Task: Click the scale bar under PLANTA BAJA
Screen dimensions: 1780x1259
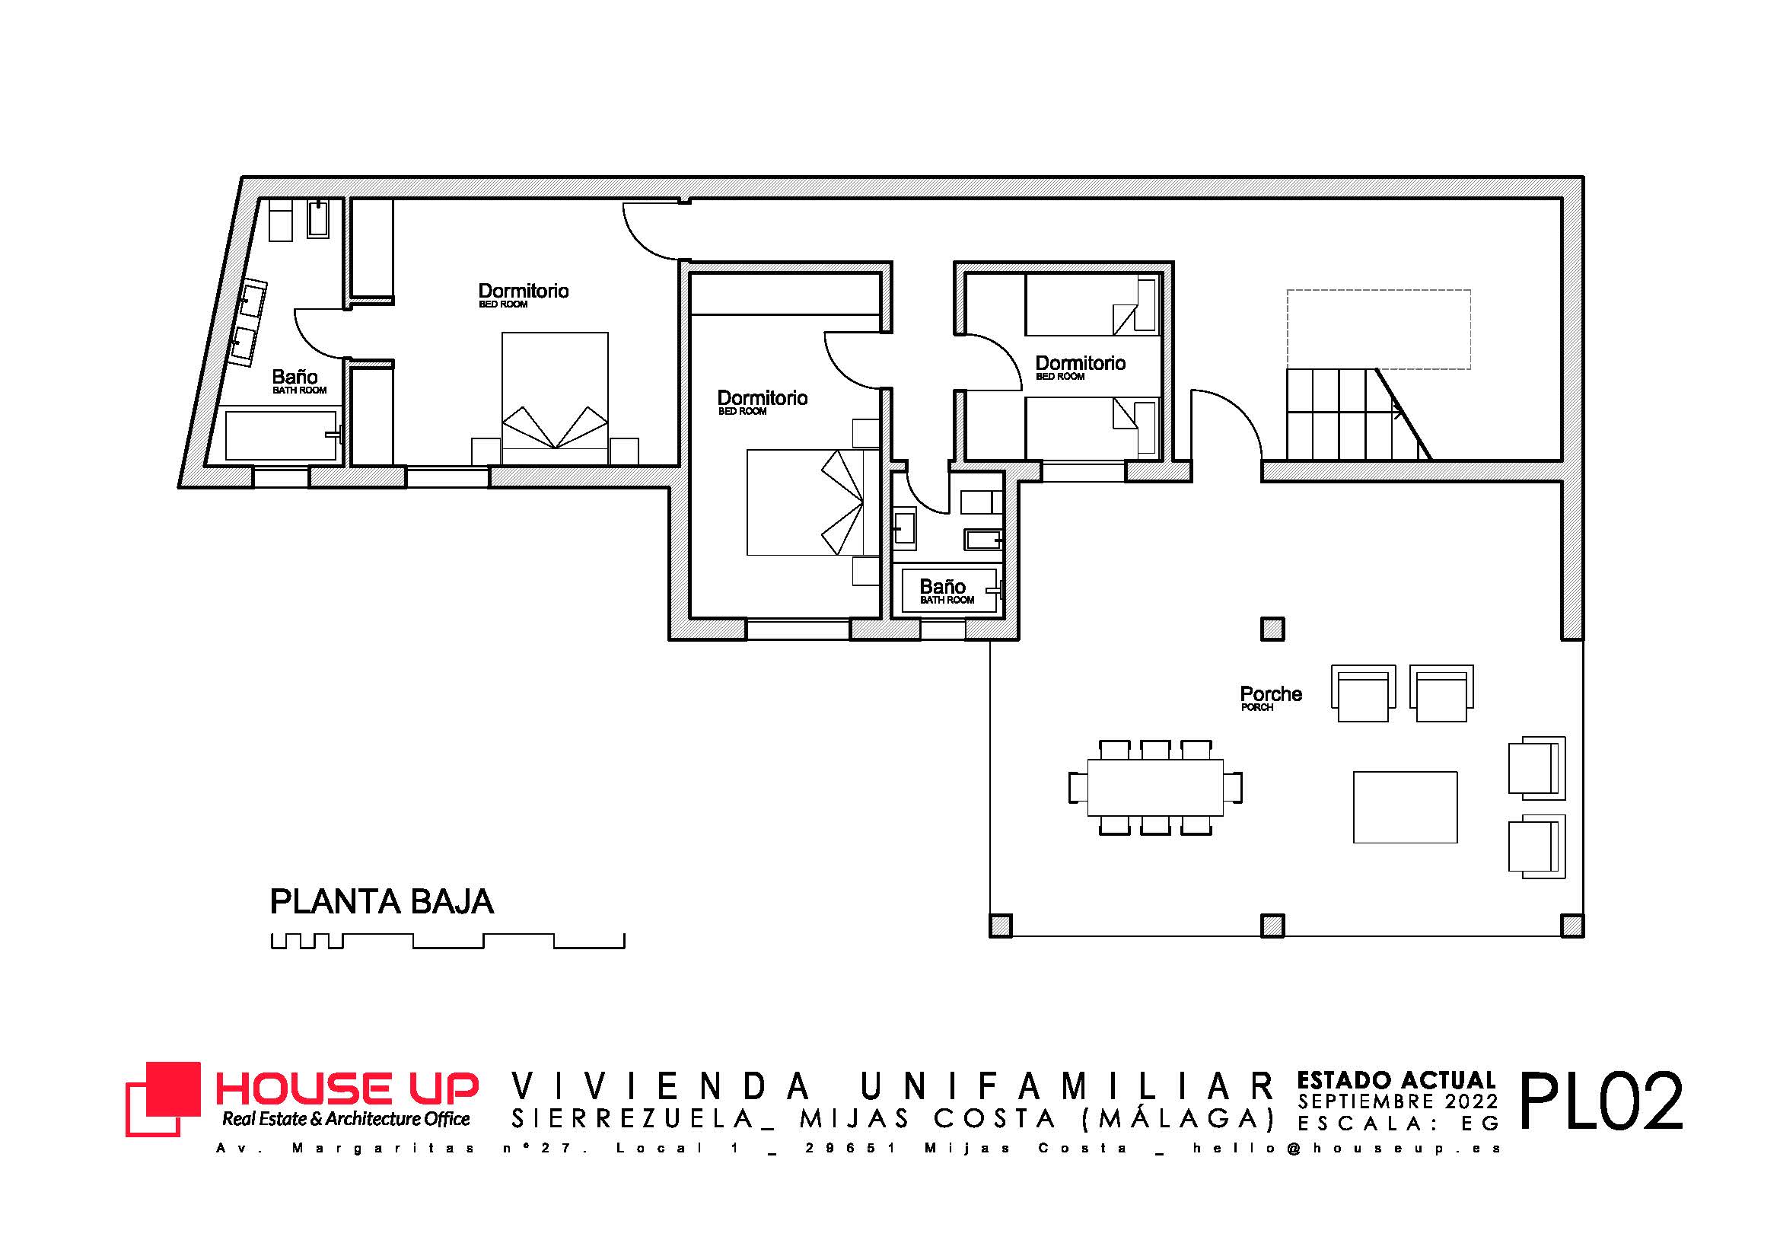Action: pos(447,941)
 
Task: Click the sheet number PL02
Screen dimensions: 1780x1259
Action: pos(1600,1101)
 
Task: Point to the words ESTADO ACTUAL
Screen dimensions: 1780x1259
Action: pos(1396,1080)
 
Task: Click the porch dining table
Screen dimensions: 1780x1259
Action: pos(1155,788)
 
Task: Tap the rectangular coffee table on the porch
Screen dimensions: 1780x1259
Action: pos(1405,807)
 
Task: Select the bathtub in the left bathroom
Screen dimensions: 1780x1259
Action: pos(282,435)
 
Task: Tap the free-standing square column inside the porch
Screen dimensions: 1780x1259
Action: pos(1272,629)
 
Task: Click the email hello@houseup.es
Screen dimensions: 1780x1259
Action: pos(1348,1148)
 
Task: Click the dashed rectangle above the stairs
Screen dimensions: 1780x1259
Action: pos(1378,330)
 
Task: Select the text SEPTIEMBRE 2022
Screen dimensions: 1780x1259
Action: pos(1398,1101)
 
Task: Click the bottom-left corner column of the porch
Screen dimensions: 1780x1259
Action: pos(1001,926)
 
